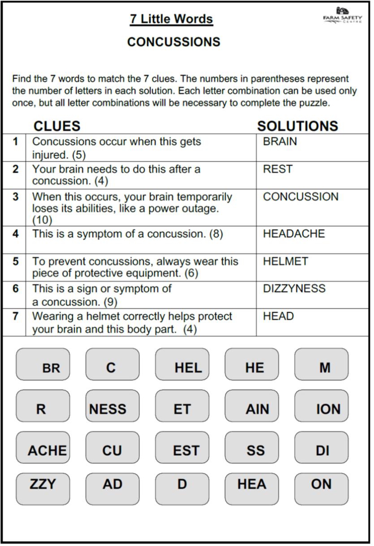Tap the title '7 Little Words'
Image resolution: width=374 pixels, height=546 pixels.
click(x=172, y=19)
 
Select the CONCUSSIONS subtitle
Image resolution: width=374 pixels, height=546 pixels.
click(x=174, y=42)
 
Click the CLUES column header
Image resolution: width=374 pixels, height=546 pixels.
click(x=57, y=126)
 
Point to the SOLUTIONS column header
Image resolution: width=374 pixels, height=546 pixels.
click(x=297, y=126)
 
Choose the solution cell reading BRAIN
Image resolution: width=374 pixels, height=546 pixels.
click(x=280, y=142)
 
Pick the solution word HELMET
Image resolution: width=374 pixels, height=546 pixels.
click(x=285, y=261)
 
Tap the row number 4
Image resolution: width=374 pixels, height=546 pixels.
click(x=16, y=234)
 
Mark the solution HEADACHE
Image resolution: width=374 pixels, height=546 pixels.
click(x=294, y=234)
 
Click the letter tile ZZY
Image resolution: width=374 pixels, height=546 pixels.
click(x=43, y=484)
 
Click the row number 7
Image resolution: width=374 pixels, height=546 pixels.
click(x=16, y=316)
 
